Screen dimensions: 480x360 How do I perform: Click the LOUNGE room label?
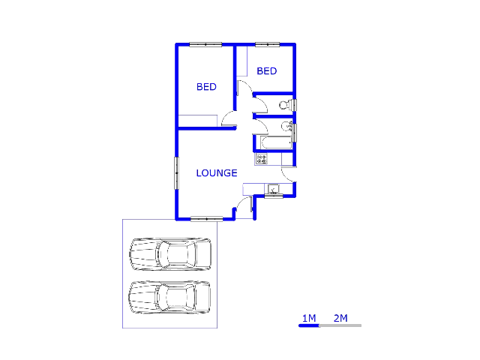(217, 173)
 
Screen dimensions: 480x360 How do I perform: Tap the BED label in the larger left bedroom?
(206, 87)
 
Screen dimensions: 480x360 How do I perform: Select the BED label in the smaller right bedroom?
(267, 71)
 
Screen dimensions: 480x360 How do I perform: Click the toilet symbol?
(286, 105)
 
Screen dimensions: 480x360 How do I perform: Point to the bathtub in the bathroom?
(276, 142)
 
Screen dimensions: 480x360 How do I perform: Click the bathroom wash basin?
(287, 125)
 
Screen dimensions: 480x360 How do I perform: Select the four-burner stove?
(262, 159)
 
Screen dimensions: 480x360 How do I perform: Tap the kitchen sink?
(273, 189)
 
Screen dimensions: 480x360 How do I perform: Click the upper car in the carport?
(170, 254)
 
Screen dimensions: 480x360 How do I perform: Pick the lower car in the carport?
(169, 298)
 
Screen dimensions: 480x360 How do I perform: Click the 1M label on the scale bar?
(309, 318)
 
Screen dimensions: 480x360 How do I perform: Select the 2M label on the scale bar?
(340, 318)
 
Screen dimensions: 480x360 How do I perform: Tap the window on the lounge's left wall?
(177, 173)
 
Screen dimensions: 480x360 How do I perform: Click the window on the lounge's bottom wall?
(207, 218)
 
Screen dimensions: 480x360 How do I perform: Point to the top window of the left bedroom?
(205, 44)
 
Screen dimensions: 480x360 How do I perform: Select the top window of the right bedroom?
(268, 44)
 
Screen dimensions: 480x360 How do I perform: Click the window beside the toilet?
(295, 105)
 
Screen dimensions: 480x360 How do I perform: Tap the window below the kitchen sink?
(274, 196)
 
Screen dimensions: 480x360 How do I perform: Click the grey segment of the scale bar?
(340, 325)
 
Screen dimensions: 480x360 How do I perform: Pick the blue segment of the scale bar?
(309, 325)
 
